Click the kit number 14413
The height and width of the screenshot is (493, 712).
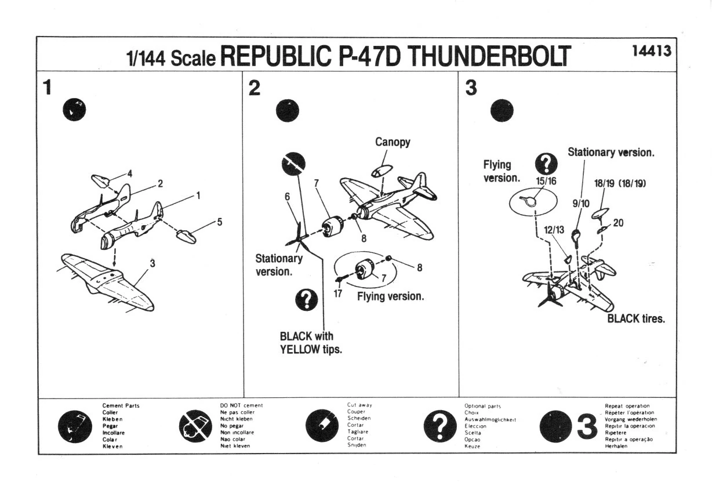[652, 52]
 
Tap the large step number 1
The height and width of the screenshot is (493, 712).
[48, 88]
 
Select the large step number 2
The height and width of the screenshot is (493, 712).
[255, 88]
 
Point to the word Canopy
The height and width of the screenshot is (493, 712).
[393, 142]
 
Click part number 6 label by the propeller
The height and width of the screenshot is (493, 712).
[287, 197]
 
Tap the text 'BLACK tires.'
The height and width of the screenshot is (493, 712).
[636, 318]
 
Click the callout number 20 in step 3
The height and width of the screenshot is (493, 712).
[617, 223]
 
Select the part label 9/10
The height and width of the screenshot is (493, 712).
[580, 203]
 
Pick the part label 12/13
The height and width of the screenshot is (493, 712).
[555, 230]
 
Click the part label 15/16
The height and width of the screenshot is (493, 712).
[546, 181]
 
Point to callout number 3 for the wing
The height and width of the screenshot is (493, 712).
[152, 263]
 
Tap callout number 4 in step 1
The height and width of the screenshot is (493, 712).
[130, 173]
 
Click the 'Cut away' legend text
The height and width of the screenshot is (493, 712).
[359, 405]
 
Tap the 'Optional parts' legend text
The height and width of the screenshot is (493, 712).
[482, 406]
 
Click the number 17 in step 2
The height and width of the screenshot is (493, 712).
[338, 293]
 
